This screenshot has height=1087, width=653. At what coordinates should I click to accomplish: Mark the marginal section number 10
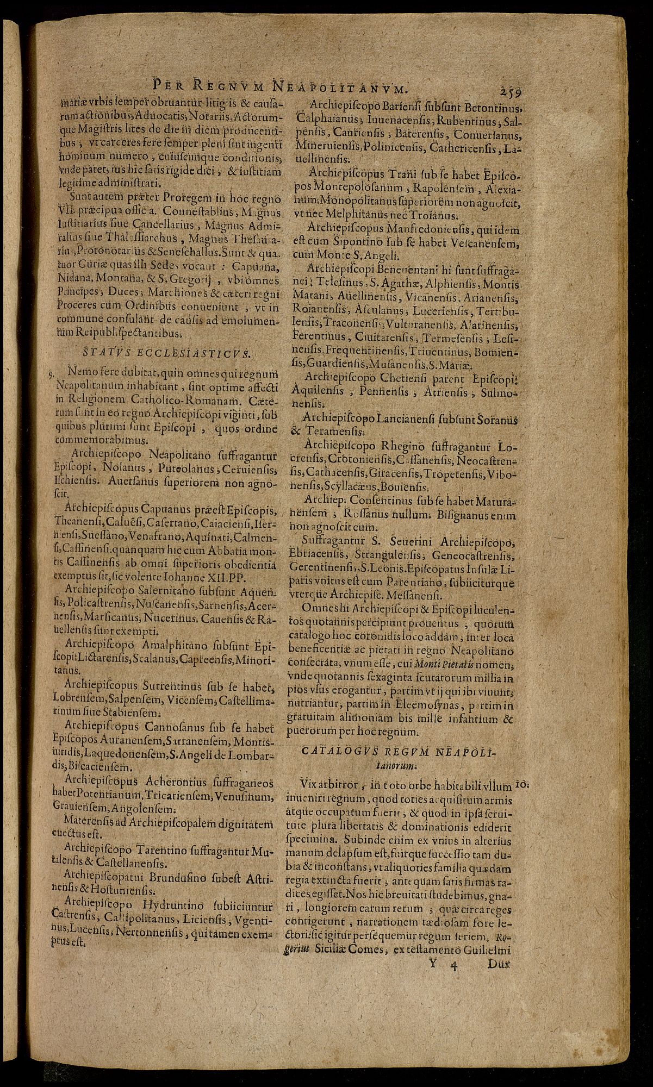click(x=522, y=784)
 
